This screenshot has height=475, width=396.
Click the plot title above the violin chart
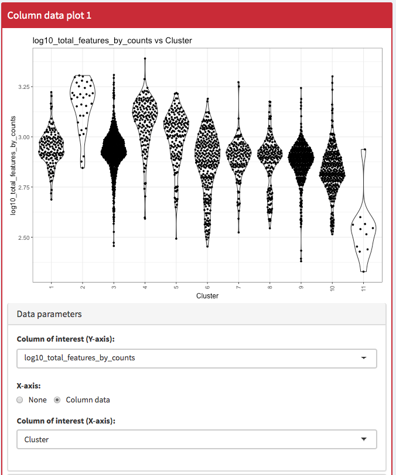pos(112,41)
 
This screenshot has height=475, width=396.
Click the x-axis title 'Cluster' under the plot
pos(207,296)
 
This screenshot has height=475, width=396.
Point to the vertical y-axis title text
pos(12,162)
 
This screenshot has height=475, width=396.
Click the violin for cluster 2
pos(83,105)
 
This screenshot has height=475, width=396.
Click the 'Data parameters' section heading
pos(49,314)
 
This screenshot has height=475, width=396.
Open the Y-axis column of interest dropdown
pos(197,358)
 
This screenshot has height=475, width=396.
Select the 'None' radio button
pos(21,400)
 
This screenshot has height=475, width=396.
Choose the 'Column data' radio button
pos(57,400)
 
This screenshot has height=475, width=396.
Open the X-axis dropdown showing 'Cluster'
pos(197,439)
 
